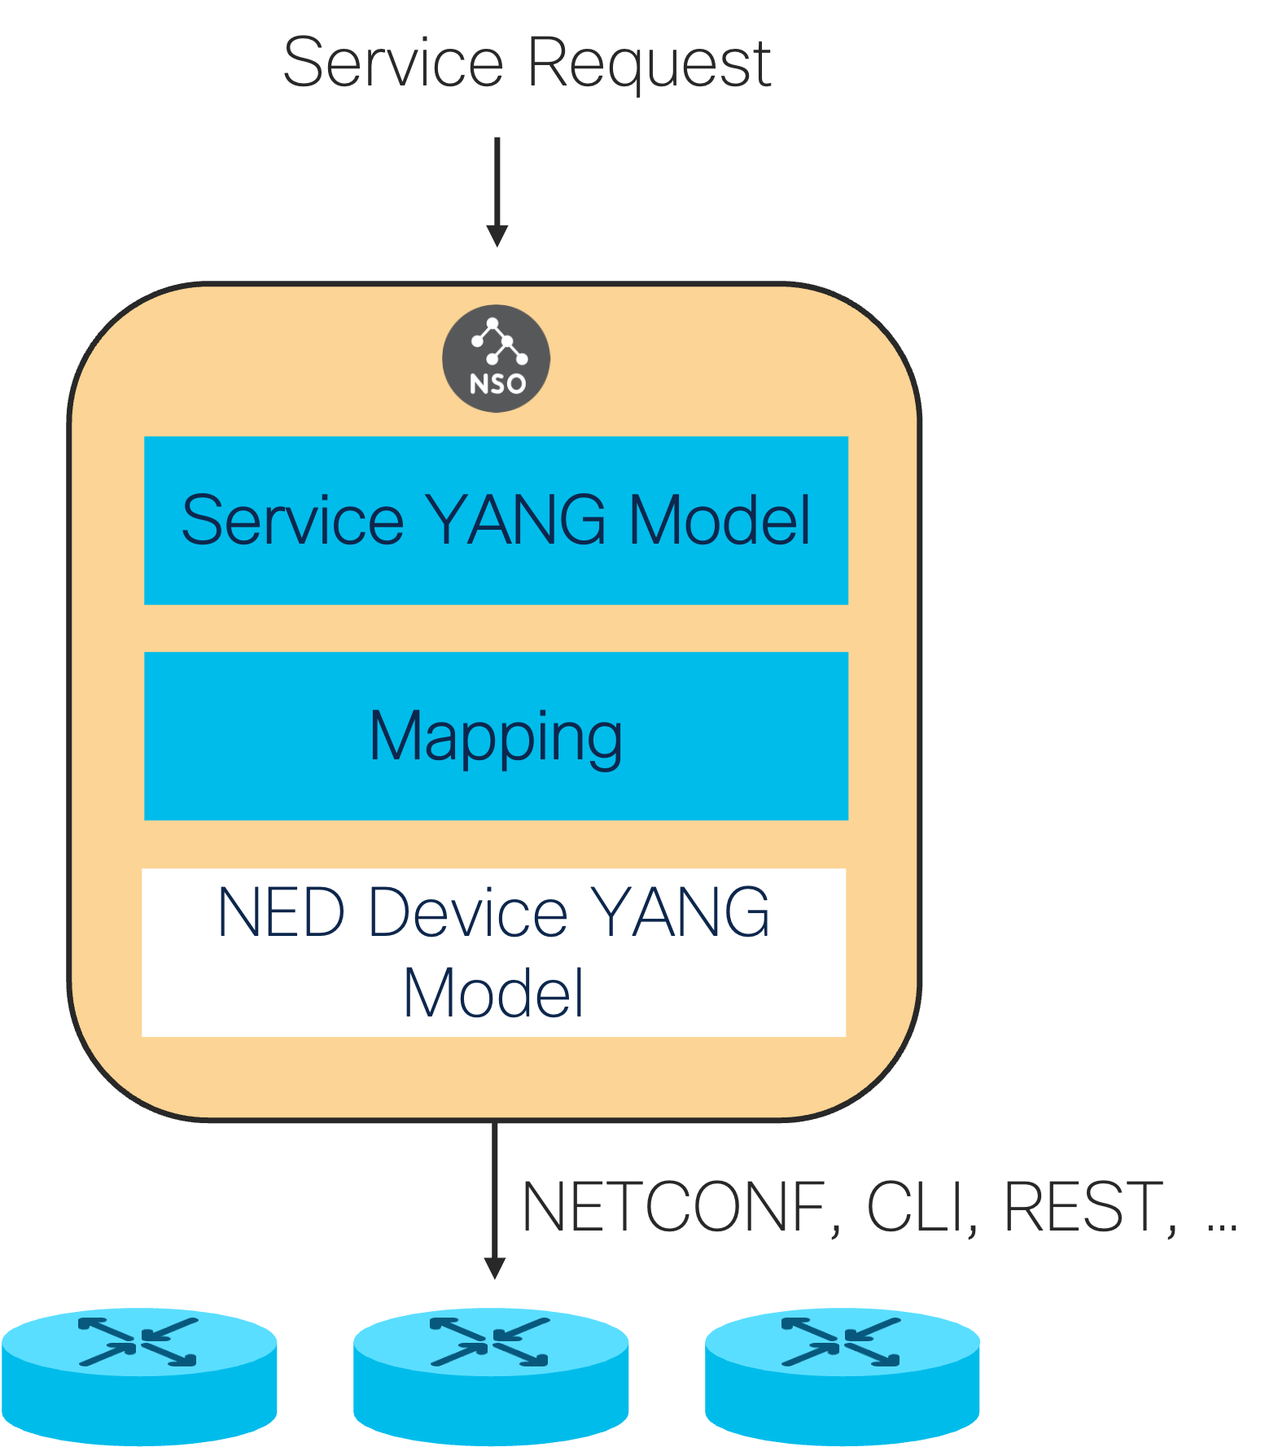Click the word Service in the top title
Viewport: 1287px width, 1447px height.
tap(393, 63)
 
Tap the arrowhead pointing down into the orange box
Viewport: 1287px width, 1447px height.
tap(497, 236)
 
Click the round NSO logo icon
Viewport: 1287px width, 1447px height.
tap(496, 358)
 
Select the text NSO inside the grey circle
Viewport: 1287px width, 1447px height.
tap(497, 383)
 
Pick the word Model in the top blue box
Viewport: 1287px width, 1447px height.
tap(720, 520)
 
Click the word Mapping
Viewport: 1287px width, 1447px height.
tap(496, 737)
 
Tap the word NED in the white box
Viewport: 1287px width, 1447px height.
tap(282, 912)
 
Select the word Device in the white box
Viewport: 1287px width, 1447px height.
tap(468, 912)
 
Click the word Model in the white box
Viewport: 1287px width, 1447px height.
tap(493, 992)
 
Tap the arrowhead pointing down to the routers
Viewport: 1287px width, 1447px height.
tap(494, 1268)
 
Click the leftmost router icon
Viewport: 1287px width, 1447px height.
tap(139, 1375)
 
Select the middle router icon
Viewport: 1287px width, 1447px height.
tap(491, 1375)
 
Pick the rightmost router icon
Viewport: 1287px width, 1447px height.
tap(843, 1375)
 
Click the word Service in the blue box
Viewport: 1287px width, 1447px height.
tap(292, 520)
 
